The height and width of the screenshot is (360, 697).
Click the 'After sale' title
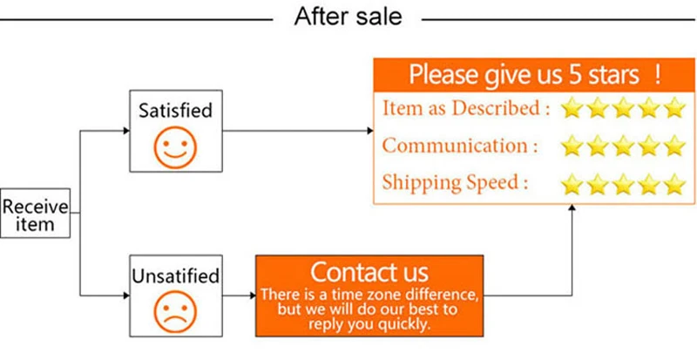pyautogui.click(x=348, y=16)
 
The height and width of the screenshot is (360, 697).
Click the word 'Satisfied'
pyautogui.click(x=175, y=111)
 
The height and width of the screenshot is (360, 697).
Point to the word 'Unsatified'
pyautogui.click(x=175, y=276)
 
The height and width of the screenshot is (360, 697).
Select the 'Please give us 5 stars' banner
pyautogui.click(x=534, y=73)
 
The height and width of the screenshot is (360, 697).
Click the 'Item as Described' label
pyautogui.click(x=466, y=109)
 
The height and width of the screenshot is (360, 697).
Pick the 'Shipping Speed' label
pyautogui.click(x=455, y=182)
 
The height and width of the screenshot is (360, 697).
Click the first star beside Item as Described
pyautogui.click(x=572, y=108)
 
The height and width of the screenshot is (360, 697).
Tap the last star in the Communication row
pyautogui.click(x=675, y=146)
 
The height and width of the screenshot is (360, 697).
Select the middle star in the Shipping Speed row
pyautogui.click(x=623, y=184)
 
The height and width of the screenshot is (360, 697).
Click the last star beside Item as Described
pyautogui.click(x=675, y=108)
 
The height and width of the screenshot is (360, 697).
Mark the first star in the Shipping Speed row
pyautogui.click(x=572, y=184)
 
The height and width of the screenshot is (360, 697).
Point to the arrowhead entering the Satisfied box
pyautogui.click(x=125, y=132)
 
